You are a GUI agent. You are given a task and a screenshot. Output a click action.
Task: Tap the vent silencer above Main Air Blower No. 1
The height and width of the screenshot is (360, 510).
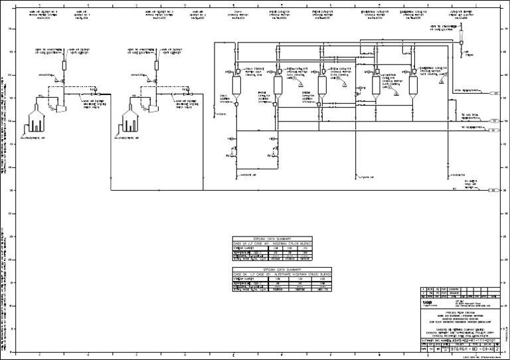pyautogui.click(x=64, y=64)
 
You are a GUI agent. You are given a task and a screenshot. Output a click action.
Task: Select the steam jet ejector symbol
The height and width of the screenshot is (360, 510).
pyautogui.click(x=461, y=41)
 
